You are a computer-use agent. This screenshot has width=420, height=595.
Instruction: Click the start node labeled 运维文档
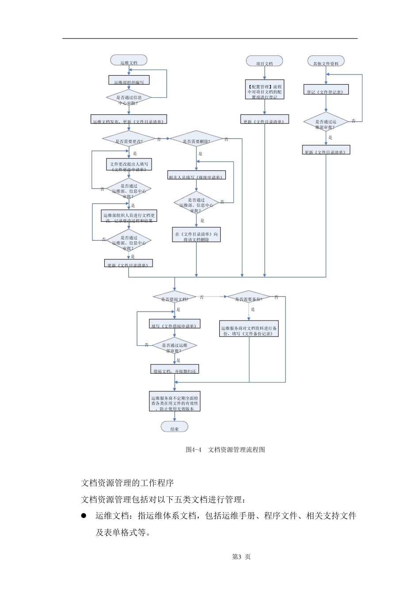[129, 61]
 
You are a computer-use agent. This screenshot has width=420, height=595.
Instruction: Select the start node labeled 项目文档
[264, 62]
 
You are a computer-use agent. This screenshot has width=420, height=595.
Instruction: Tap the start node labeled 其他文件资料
[326, 62]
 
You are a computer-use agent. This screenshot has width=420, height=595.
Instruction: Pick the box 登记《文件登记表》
[326, 90]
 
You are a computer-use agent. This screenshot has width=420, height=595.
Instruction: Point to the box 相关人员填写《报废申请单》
[196, 175]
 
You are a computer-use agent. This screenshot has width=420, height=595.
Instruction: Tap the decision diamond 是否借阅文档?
[175, 297]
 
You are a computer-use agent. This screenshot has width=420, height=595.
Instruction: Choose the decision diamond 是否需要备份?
[248, 297]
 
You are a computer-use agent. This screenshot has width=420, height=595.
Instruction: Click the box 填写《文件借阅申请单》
[175, 324]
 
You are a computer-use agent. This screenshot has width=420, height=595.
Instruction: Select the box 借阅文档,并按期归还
[175, 369]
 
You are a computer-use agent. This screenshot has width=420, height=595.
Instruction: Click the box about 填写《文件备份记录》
[249, 329]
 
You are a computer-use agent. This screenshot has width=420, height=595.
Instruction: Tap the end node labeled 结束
[175, 427]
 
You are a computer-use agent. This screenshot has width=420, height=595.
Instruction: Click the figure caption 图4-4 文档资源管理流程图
[225, 450]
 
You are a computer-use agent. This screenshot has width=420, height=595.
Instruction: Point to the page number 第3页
[241, 557]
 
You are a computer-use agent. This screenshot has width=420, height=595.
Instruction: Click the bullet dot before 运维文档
[84, 516]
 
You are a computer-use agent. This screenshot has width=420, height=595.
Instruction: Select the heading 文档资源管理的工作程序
[127, 483]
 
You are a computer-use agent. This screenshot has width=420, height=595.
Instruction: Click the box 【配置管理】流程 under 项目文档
[264, 90]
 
